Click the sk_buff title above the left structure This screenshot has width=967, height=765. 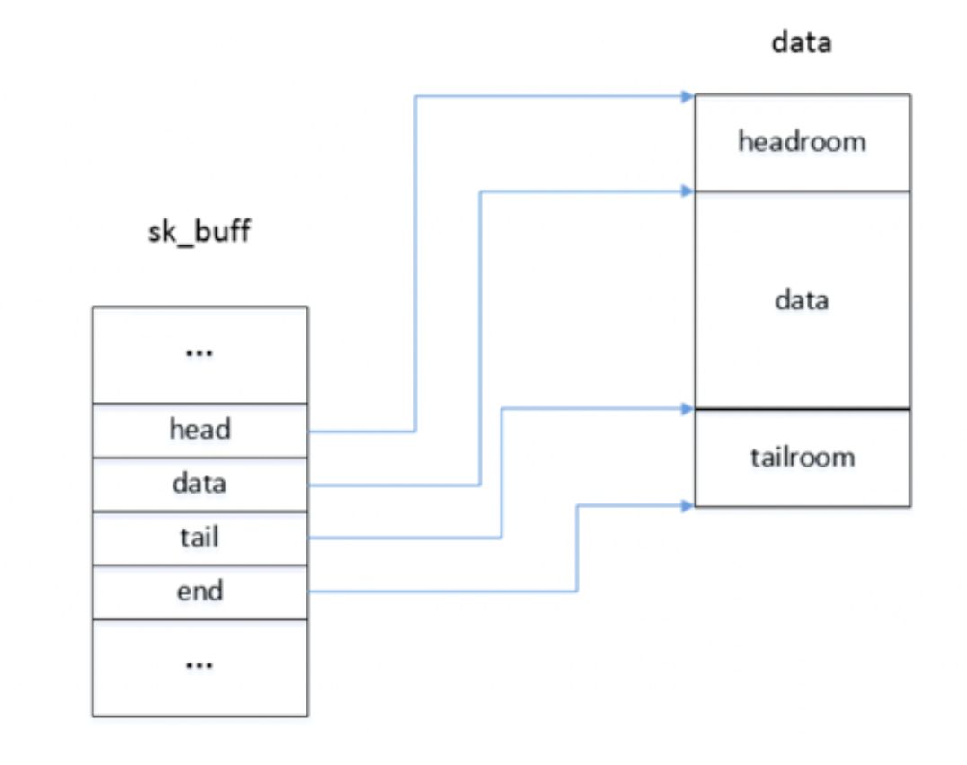click(x=199, y=232)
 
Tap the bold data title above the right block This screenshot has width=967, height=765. click(x=802, y=43)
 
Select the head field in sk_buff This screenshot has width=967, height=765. click(x=200, y=430)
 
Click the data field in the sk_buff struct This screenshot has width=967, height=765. click(x=200, y=484)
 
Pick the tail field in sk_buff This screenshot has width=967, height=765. click(x=200, y=538)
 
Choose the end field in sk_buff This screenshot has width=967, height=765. click(x=200, y=592)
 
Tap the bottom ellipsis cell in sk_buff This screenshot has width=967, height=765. click(x=200, y=666)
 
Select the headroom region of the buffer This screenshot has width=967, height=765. click(x=802, y=142)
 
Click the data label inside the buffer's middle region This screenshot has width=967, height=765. click(x=802, y=300)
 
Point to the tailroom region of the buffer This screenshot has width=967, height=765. click(x=802, y=458)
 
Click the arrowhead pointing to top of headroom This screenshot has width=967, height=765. click(x=688, y=96)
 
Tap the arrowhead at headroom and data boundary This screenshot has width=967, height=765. click(x=688, y=191)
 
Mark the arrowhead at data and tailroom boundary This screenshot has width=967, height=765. click(x=688, y=408)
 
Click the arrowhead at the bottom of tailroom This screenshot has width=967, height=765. click(x=688, y=505)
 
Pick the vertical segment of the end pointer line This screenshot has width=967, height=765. click(x=576, y=547)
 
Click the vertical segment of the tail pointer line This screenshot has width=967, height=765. click(x=501, y=473)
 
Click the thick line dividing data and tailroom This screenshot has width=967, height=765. click(x=802, y=410)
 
